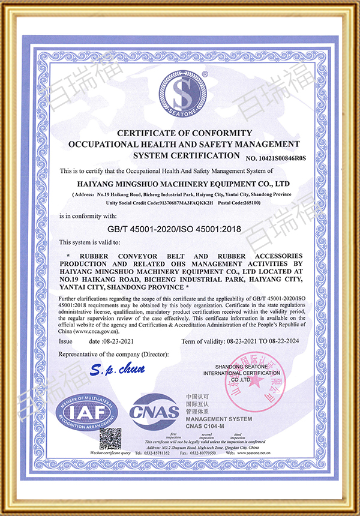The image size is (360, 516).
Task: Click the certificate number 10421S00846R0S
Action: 275,158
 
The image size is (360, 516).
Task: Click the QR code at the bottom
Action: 110,440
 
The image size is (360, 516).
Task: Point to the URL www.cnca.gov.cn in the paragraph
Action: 97,331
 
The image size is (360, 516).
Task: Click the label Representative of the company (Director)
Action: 114,355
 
